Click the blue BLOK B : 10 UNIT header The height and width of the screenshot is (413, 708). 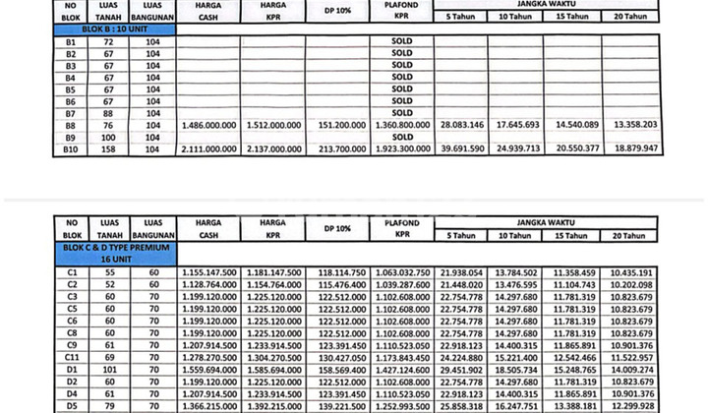[115, 29]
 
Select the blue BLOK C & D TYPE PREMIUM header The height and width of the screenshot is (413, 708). [115, 252]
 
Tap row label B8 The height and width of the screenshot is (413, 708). [70, 126]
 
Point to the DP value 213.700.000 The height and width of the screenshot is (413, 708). [337, 148]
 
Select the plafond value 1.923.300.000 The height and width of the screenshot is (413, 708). [401, 148]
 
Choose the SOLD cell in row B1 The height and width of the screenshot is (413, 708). [401, 43]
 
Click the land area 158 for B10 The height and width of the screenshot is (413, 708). [110, 148]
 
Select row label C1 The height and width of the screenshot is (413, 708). [71, 271]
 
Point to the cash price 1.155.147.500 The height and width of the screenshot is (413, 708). [209, 271]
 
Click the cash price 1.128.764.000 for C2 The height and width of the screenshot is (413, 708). [209, 284]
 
